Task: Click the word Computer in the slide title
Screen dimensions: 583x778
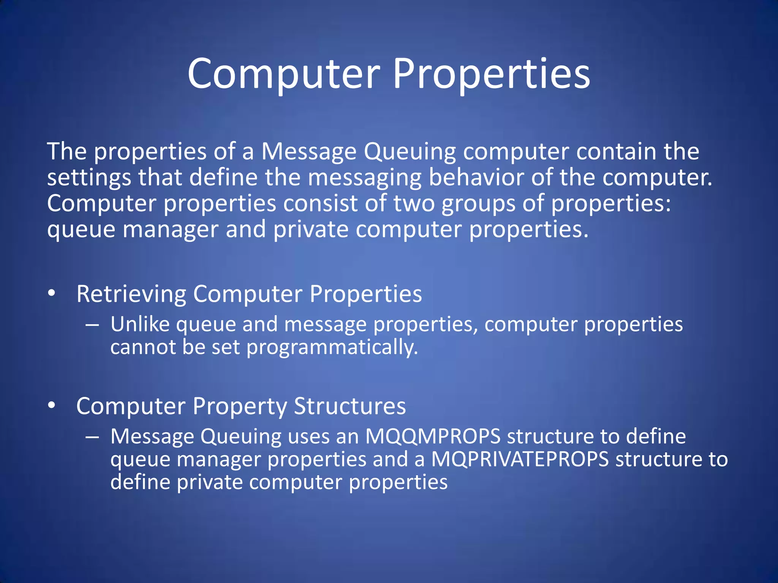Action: pos(283,74)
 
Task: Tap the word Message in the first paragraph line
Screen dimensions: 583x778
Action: pos(308,152)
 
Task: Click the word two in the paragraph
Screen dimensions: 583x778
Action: pos(414,203)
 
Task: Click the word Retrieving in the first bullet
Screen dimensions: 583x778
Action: pos(131,294)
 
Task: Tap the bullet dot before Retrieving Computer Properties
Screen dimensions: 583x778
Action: pos(52,293)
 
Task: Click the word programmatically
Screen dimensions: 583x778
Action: pos(332,348)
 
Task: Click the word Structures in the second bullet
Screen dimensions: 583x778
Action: pos(349,406)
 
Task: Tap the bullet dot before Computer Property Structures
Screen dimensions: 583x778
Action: pos(52,405)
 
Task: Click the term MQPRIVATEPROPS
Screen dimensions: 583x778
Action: pos(520,459)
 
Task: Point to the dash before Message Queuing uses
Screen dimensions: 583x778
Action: pos(92,438)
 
